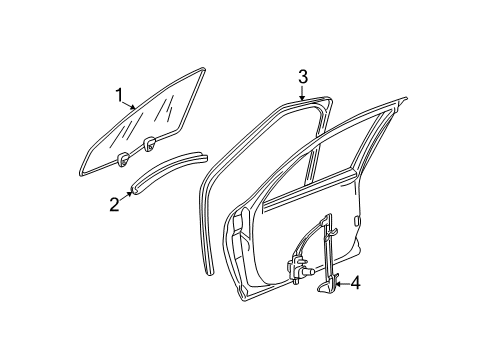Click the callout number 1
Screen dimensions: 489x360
(119, 96)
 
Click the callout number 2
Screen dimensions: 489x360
(115, 204)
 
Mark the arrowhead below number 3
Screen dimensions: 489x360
(302, 97)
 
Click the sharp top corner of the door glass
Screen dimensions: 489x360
(205, 69)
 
